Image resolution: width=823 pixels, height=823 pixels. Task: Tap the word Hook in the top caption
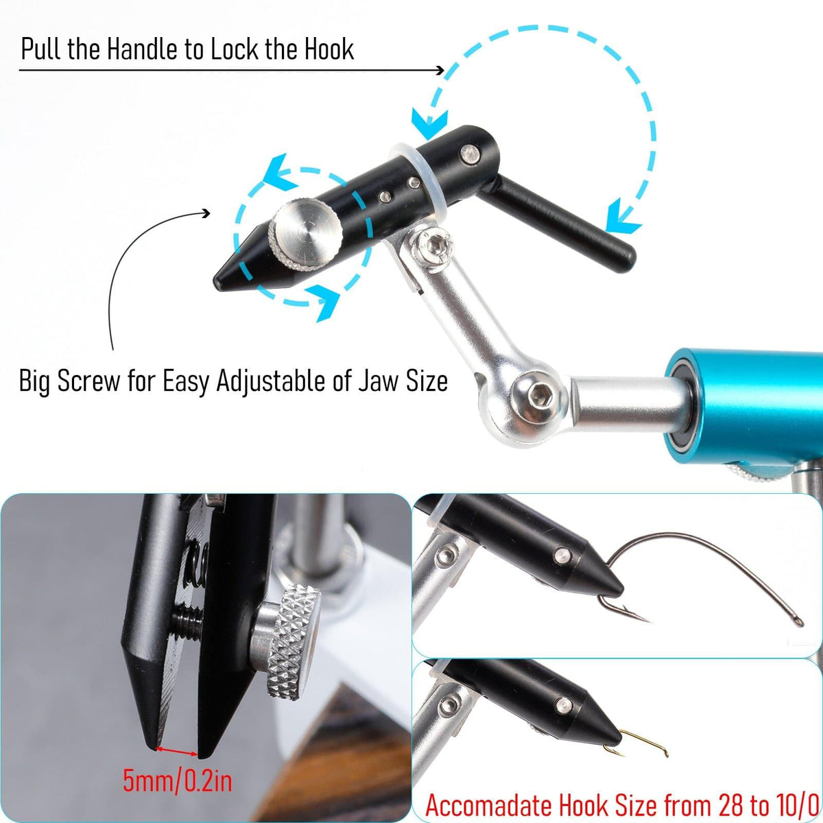[329, 49]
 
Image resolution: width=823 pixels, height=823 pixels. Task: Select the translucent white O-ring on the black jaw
[418, 179]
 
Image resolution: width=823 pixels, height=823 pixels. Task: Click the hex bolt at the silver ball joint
[539, 398]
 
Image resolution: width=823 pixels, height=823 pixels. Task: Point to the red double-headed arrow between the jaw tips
[177, 751]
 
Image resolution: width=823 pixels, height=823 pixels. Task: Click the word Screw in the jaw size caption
[89, 381]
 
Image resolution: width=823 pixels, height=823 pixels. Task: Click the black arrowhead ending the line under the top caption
[440, 70]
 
